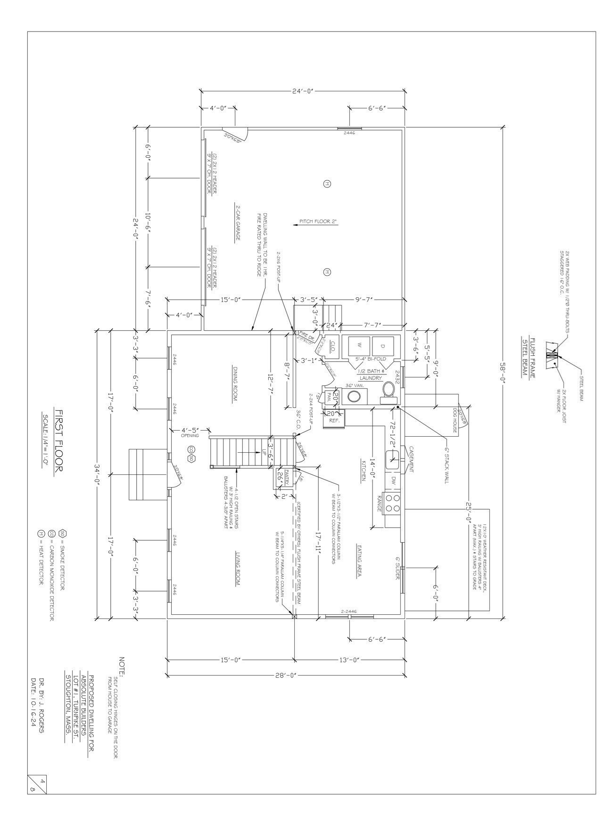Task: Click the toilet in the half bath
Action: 387,391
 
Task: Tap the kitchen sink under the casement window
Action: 392,459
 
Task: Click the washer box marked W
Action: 359,346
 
